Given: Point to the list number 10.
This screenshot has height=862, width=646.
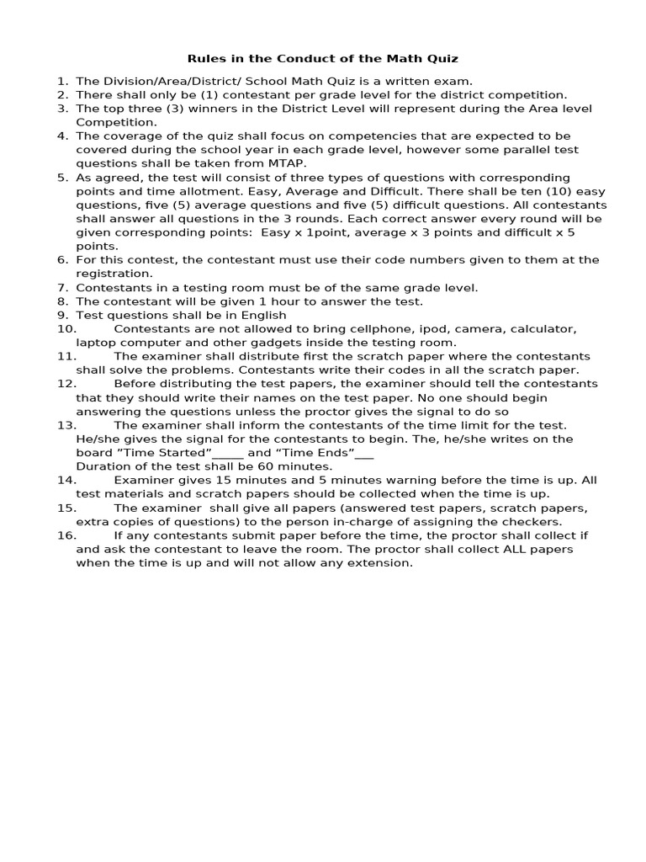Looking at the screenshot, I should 66,329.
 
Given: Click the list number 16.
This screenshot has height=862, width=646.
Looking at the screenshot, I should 66,535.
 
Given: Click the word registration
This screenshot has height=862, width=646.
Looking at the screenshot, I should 114,274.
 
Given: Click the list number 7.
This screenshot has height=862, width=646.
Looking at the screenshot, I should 62,288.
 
